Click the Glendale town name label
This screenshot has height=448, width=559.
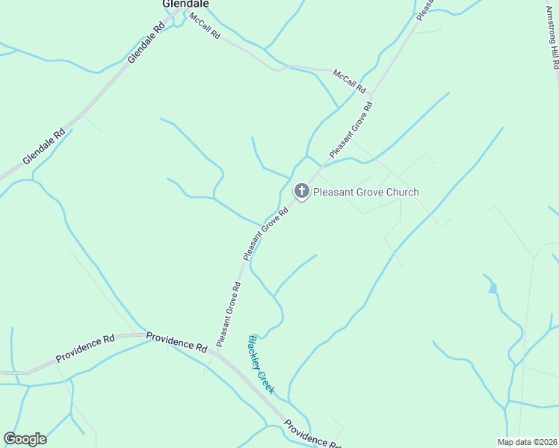click(185, 4)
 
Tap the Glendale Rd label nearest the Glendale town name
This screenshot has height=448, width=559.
click(145, 42)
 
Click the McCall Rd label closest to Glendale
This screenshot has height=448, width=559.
click(204, 25)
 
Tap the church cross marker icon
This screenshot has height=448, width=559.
click(301, 191)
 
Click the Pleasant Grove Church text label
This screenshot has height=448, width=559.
click(366, 192)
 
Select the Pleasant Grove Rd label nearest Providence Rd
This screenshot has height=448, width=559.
click(227, 314)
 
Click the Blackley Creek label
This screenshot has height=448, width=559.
click(262, 364)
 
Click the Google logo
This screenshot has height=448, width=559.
click(25, 439)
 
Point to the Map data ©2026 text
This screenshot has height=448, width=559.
click(526, 442)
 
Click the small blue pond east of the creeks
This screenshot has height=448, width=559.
click(492, 287)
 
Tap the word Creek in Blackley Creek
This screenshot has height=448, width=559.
click(267, 380)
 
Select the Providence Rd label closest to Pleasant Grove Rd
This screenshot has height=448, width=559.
click(176, 342)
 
